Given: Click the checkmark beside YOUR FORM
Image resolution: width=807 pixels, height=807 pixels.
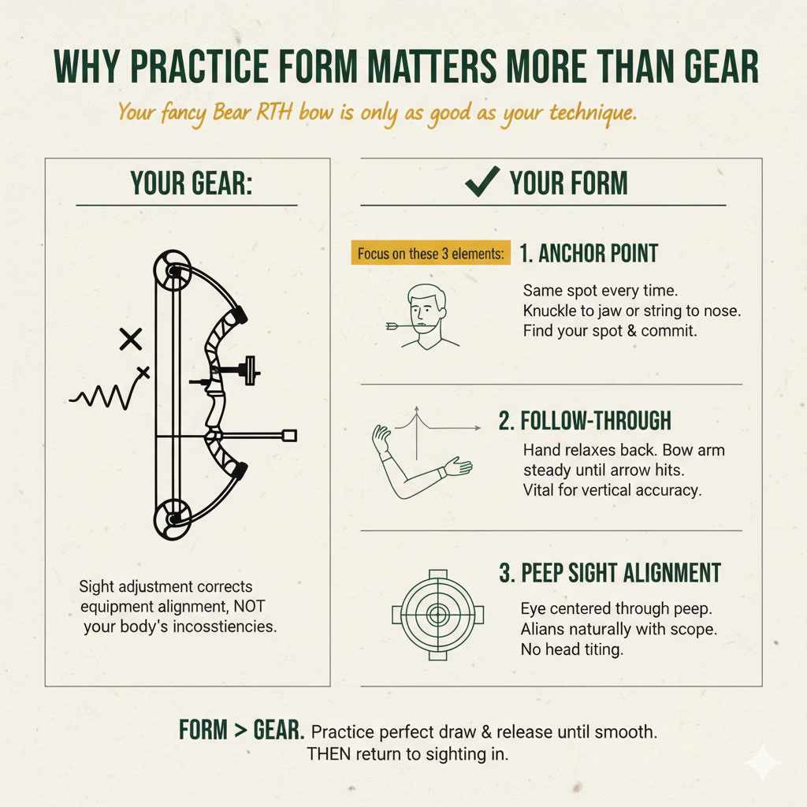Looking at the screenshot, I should coord(482,182).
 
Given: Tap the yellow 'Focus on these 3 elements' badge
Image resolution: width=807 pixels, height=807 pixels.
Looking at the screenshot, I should coord(430,254).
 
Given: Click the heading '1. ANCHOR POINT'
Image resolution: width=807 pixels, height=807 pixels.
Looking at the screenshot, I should coord(589,254).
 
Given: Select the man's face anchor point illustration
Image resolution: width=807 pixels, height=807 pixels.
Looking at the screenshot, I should coord(426,317).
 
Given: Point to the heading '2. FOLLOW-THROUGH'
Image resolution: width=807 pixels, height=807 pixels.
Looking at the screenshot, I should coord(585,421).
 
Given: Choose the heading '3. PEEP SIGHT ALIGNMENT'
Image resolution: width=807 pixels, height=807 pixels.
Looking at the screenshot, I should coord(609,573).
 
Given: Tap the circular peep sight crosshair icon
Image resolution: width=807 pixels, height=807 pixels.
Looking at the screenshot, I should coord(437,614).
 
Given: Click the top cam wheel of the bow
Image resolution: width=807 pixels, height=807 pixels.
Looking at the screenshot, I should coord(171,270).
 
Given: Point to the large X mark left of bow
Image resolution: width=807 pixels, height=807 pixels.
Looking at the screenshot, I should coord(130,340).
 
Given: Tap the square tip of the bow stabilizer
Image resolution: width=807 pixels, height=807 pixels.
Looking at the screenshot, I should coord(288,435).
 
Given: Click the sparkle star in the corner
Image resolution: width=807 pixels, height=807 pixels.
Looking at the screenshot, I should coord(764,763).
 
